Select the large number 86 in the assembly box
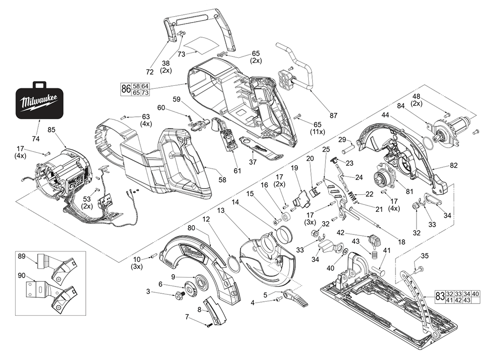point(126,89)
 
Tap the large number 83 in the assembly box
point(440,296)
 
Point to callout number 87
point(333,116)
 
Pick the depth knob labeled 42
point(376,241)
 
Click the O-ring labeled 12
point(234,262)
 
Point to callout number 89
point(22,257)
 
